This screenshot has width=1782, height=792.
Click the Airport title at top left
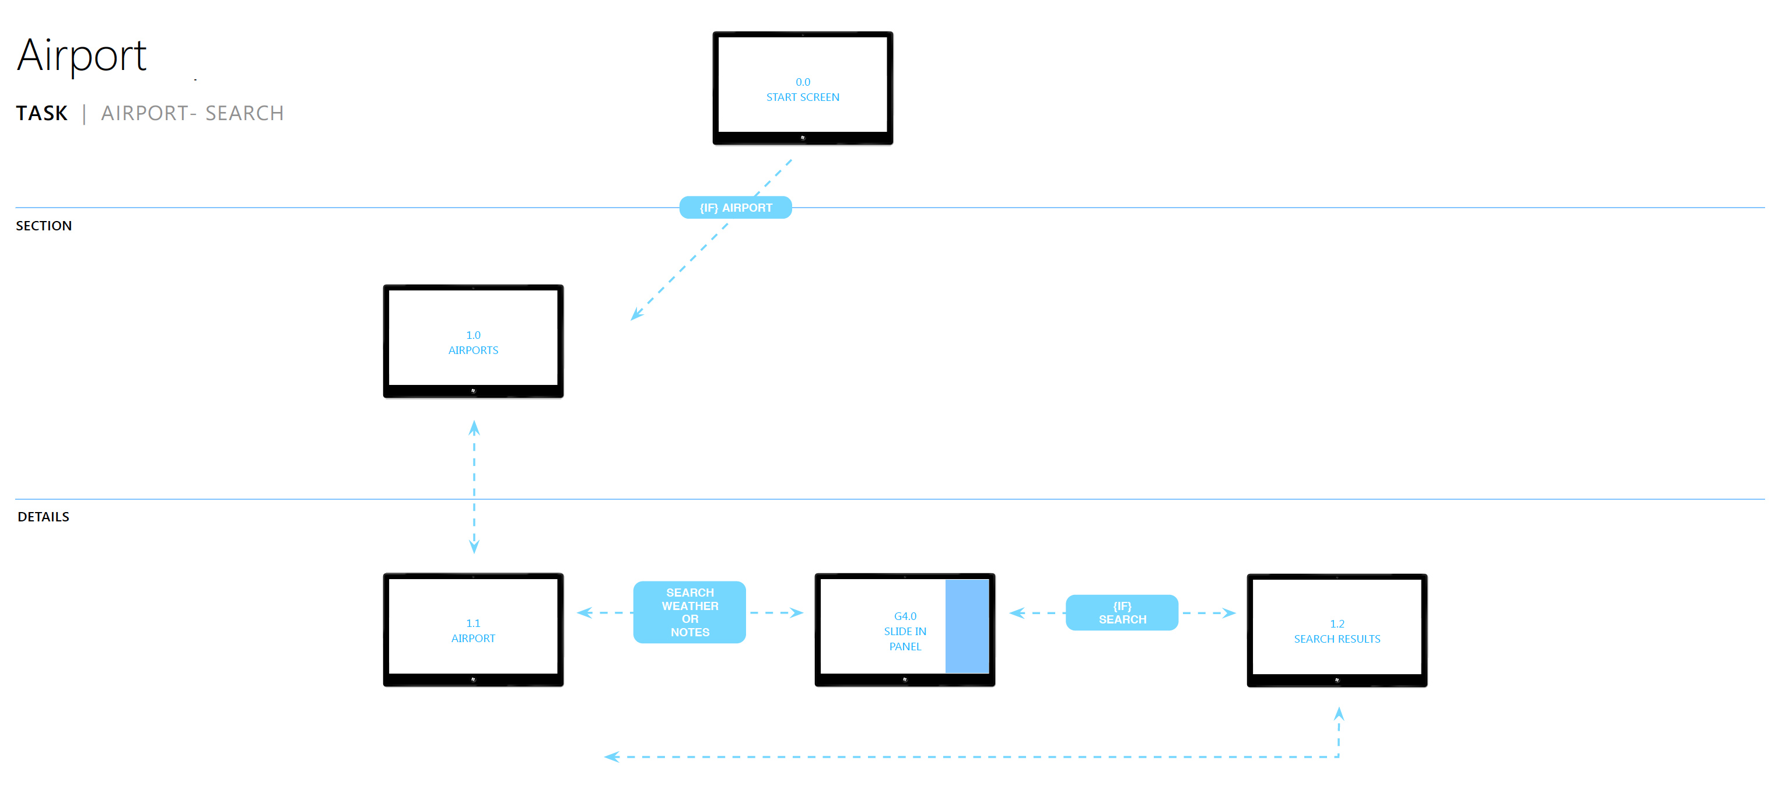coord(82,55)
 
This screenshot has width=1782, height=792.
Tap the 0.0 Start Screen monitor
coord(803,88)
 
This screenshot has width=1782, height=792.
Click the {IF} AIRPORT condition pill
coord(736,208)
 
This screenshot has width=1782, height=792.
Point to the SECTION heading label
coord(44,226)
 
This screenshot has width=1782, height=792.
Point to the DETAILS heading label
coord(43,517)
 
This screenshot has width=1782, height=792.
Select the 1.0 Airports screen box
coord(473,341)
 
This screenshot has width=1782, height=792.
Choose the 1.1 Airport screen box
coord(473,629)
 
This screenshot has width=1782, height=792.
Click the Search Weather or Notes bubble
coord(689,612)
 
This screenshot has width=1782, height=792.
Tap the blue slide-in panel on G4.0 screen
coord(967,626)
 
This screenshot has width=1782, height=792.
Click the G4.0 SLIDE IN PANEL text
coord(905,631)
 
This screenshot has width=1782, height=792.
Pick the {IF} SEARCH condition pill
coord(1122,613)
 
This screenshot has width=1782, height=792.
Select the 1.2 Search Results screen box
coord(1336,630)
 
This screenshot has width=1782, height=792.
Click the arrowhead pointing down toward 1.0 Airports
coord(636,315)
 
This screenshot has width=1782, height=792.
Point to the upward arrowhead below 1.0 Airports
coord(474,427)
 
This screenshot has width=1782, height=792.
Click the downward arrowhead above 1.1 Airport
coord(474,546)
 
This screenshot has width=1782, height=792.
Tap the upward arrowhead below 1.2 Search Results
coord(1339,714)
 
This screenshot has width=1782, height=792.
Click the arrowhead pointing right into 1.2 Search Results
coord(1229,613)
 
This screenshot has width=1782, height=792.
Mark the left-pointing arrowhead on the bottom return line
coord(611,757)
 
